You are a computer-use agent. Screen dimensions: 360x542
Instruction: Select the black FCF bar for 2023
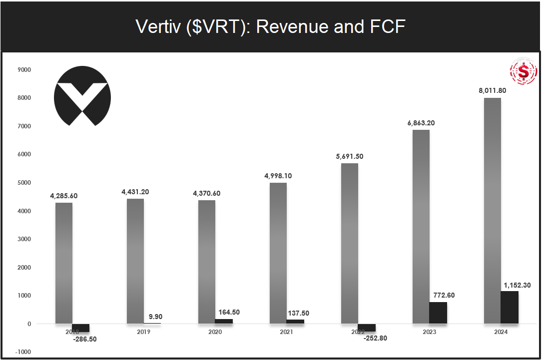click(438, 313)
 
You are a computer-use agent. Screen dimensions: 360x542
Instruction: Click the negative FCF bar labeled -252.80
click(367, 328)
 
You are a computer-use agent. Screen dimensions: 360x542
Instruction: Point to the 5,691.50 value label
click(350, 156)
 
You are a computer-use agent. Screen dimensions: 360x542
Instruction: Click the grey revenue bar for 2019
click(135, 261)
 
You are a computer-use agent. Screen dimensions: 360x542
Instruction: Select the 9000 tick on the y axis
click(23, 69)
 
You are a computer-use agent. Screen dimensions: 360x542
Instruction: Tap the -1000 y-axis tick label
click(23, 352)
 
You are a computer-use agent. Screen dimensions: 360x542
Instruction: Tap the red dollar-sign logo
click(523, 72)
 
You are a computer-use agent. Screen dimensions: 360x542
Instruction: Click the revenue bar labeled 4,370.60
click(207, 262)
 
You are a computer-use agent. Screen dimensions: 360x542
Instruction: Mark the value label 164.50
click(229, 312)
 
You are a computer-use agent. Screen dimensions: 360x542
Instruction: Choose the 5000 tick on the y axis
click(23, 182)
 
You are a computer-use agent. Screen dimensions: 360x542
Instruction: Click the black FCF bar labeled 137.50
click(295, 322)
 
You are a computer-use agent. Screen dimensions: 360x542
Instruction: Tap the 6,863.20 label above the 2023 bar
click(421, 123)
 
